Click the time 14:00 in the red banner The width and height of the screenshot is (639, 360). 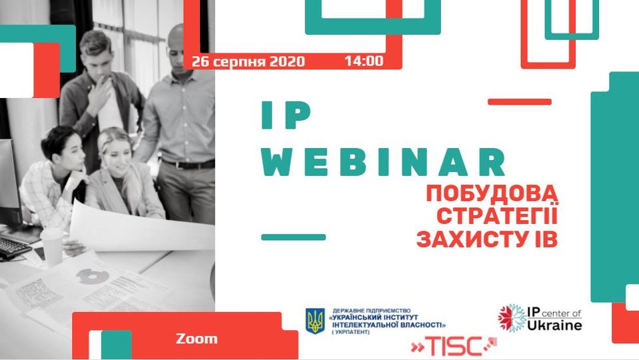[x=364, y=61]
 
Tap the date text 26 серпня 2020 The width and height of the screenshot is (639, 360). [x=248, y=62]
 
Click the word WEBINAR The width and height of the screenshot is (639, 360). [x=384, y=162]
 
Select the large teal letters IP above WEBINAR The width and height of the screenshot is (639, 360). [x=286, y=115]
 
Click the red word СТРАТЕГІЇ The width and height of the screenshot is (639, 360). [x=497, y=216]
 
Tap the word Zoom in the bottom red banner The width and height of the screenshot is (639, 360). [x=197, y=339]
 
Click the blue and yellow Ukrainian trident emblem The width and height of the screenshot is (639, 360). [x=315, y=321]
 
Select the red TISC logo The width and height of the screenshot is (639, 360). [x=454, y=347]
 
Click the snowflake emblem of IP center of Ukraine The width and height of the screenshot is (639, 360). [x=512, y=317]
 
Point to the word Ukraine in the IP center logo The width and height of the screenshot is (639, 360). [x=554, y=325]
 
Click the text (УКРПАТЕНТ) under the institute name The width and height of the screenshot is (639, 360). [x=350, y=332]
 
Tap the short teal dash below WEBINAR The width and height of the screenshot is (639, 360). [x=293, y=237]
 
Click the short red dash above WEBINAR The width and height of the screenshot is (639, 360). [x=520, y=102]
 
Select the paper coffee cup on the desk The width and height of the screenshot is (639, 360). [x=53, y=247]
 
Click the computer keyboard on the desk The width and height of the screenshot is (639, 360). [x=13, y=247]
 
